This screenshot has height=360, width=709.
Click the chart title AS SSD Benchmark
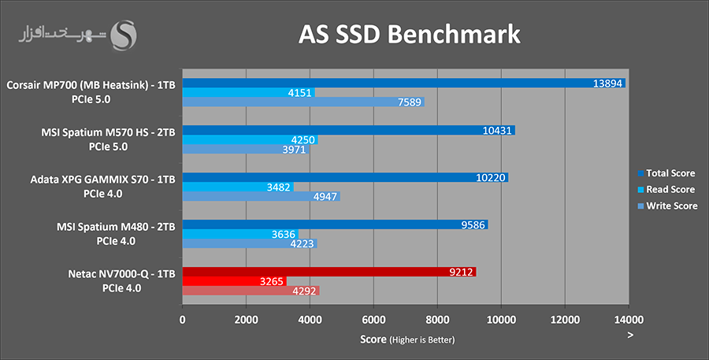coord(409,34)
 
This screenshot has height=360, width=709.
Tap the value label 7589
coord(410,102)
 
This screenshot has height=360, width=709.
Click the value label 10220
coord(492,177)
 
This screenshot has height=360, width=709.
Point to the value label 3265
coord(271,281)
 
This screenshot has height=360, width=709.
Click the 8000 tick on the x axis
coord(437,320)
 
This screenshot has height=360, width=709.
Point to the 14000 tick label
coord(628,320)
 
